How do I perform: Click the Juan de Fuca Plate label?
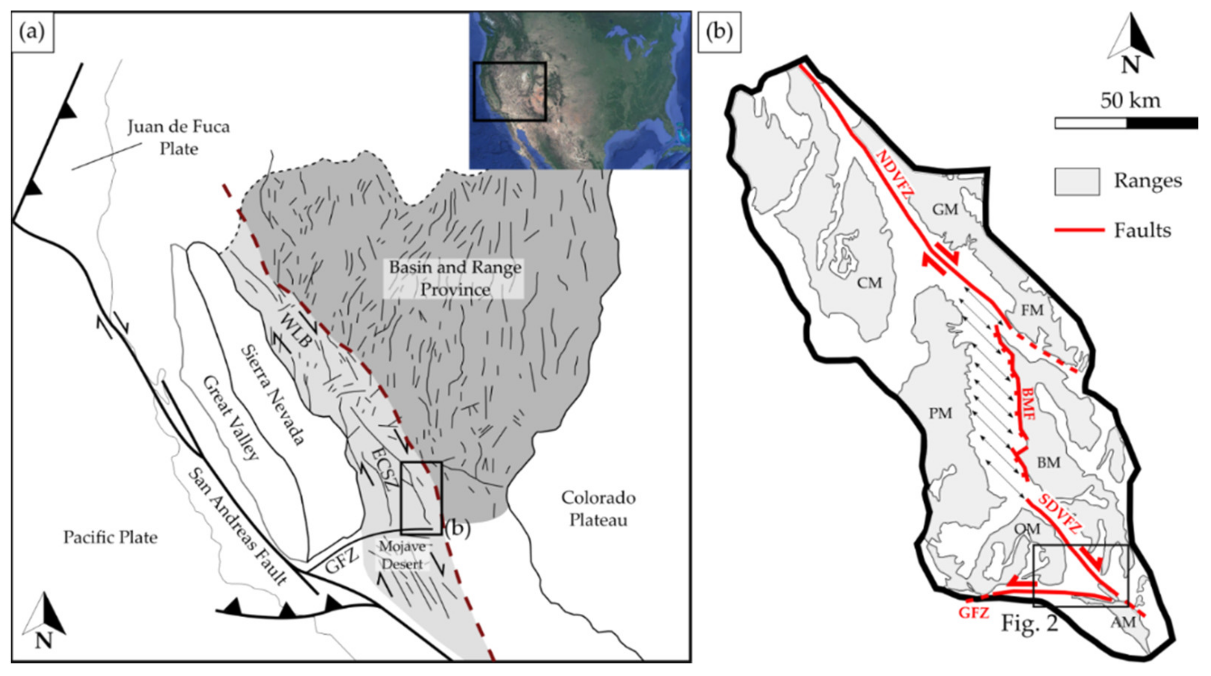click(x=179, y=137)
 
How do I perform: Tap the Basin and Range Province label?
click(x=455, y=278)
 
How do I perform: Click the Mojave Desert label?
click(x=403, y=555)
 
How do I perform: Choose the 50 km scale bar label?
click(x=1130, y=100)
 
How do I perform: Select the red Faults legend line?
click(x=1079, y=230)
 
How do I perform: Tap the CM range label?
click(x=869, y=283)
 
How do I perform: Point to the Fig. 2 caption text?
click(x=1029, y=623)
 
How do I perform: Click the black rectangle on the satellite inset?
click(x=510, y=91)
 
